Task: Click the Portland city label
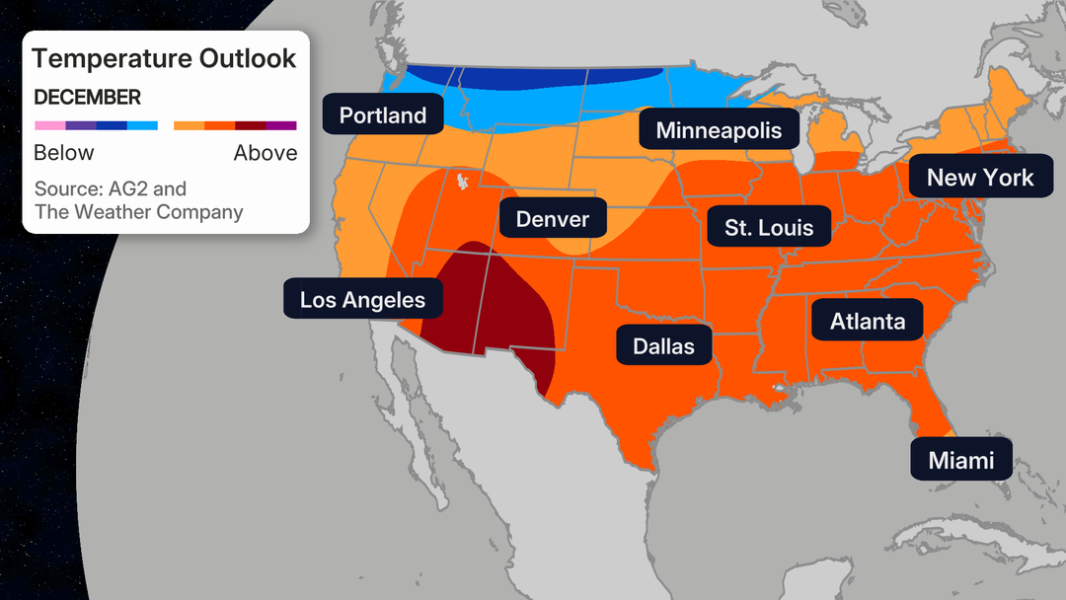[383, 115]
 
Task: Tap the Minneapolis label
[719, 130]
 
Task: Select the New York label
[979, 178]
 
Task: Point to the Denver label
[552, 219]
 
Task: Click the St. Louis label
[769, 227]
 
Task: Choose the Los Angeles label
[362, 300]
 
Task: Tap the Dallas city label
[663, 346]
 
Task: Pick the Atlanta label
[867, 322]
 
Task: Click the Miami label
[960, 460]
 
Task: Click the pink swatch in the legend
[49, 125]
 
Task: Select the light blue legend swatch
[143, 125]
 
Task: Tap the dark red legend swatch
[251, 125]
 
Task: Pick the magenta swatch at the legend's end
[281, 125]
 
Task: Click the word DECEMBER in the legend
[87, 98]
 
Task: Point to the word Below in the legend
[64, 153]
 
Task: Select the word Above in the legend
[265, 153]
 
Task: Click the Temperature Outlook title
[164, 58]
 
